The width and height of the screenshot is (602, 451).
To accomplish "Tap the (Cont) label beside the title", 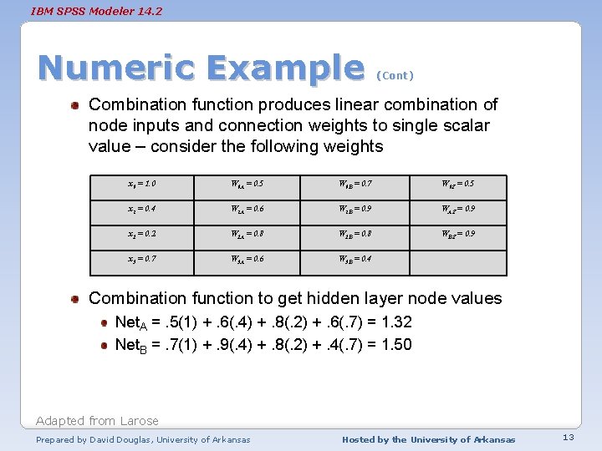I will (395, 75).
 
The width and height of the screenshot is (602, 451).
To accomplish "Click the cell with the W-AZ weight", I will (460, 209).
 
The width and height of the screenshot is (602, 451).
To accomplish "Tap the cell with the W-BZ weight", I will (460, 234).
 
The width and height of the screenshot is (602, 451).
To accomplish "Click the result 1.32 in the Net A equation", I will (394, 322).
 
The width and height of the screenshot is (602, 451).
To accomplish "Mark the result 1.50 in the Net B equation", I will (394, 344).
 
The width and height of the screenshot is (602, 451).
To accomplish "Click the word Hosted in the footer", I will (360, 439).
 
